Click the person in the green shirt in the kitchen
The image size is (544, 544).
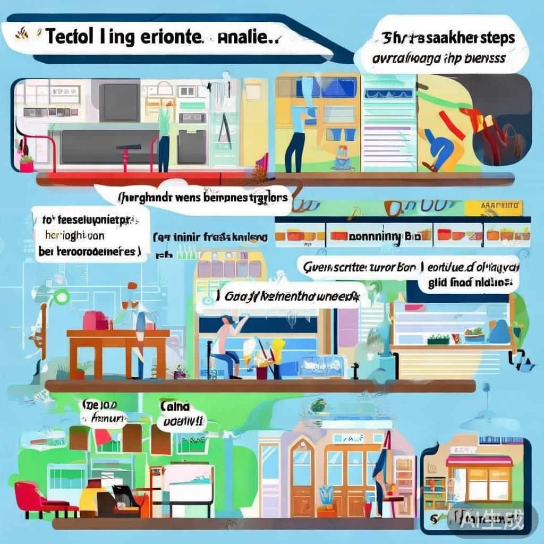tap(165, 135)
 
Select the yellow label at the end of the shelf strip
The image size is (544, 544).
tap(494, 206)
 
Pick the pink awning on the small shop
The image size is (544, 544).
tap(479, 461)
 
